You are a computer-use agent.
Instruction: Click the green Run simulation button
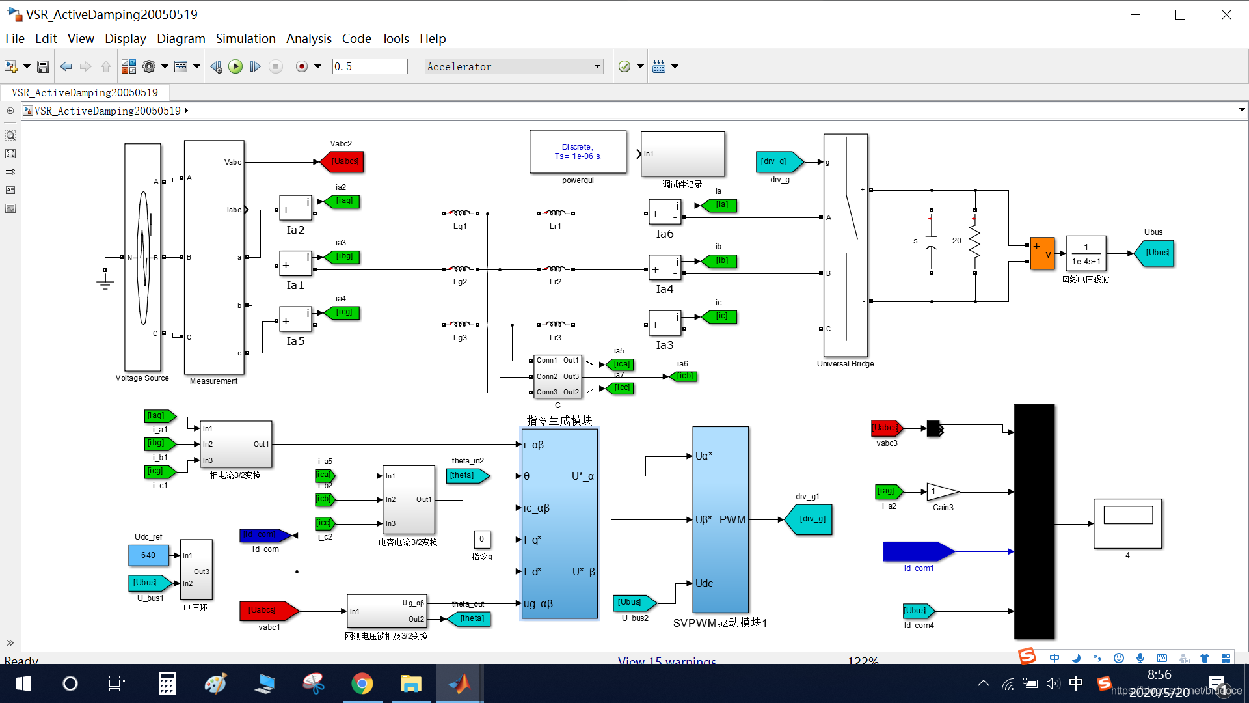235,66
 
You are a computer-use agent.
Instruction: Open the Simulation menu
245,38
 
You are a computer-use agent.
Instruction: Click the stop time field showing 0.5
369,66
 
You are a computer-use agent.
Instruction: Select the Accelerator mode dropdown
513,66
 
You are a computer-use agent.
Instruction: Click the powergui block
578,152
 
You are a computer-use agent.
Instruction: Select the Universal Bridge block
845,245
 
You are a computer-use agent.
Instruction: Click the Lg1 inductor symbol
460,213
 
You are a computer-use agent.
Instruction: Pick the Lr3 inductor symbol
555,324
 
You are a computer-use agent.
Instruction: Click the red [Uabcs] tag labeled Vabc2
342,161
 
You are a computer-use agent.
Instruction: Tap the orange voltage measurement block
1042,253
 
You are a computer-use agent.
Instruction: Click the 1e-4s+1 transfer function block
1086,253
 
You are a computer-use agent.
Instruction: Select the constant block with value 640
148,555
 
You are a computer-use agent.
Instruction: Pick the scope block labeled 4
1127,523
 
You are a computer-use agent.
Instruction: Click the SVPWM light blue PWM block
720,519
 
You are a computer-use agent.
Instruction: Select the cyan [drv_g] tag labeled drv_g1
809,519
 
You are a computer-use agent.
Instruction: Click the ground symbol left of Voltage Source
105,282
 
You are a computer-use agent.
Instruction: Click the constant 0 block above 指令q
481,539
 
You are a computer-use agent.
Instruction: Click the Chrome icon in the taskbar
362,683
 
